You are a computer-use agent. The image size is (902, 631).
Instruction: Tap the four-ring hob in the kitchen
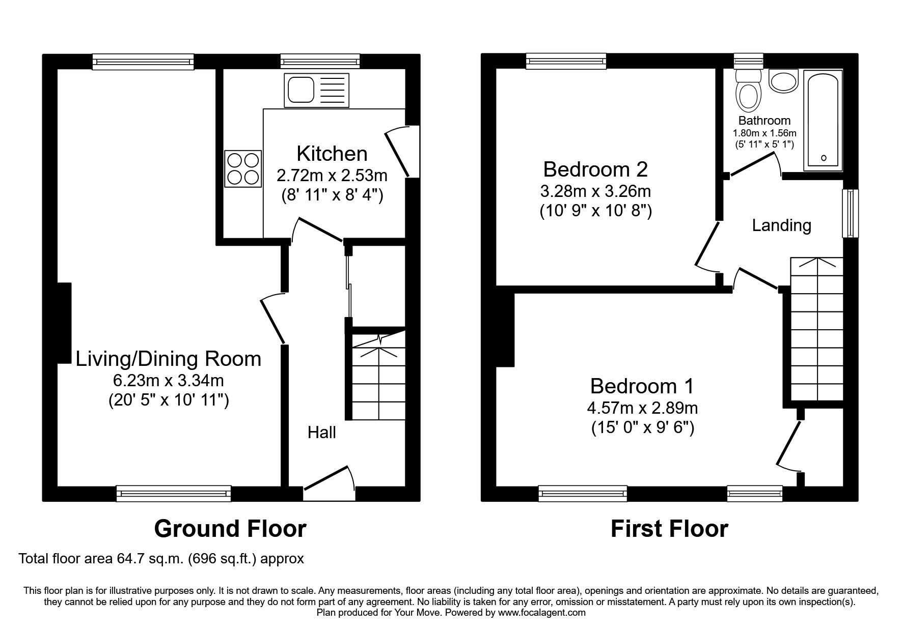pos(242,169)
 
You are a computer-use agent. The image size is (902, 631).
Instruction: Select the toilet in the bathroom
pos(748,92)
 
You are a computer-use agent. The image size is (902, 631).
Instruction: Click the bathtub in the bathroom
pos(823,121)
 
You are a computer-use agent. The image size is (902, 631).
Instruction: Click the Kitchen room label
pos(332,153)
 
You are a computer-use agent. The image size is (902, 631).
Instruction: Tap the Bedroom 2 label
pos(595,169)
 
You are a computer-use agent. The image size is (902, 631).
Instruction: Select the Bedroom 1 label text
pos(642,386)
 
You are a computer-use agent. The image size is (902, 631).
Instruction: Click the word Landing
pos(781,225)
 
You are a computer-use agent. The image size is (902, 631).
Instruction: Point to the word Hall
pos(321,433)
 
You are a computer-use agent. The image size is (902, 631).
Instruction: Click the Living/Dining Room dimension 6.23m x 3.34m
pos(169,380)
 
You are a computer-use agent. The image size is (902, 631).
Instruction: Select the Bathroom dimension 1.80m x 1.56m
pos(764,133)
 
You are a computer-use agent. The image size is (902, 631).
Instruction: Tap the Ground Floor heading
pos(230,529)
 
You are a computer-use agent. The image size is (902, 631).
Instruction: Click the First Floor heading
pos(669,529)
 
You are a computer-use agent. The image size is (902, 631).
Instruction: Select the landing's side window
pos(850,213)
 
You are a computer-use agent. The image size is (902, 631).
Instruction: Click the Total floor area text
pos(161,559)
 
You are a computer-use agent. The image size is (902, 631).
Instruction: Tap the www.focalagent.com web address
pos(541,613)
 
